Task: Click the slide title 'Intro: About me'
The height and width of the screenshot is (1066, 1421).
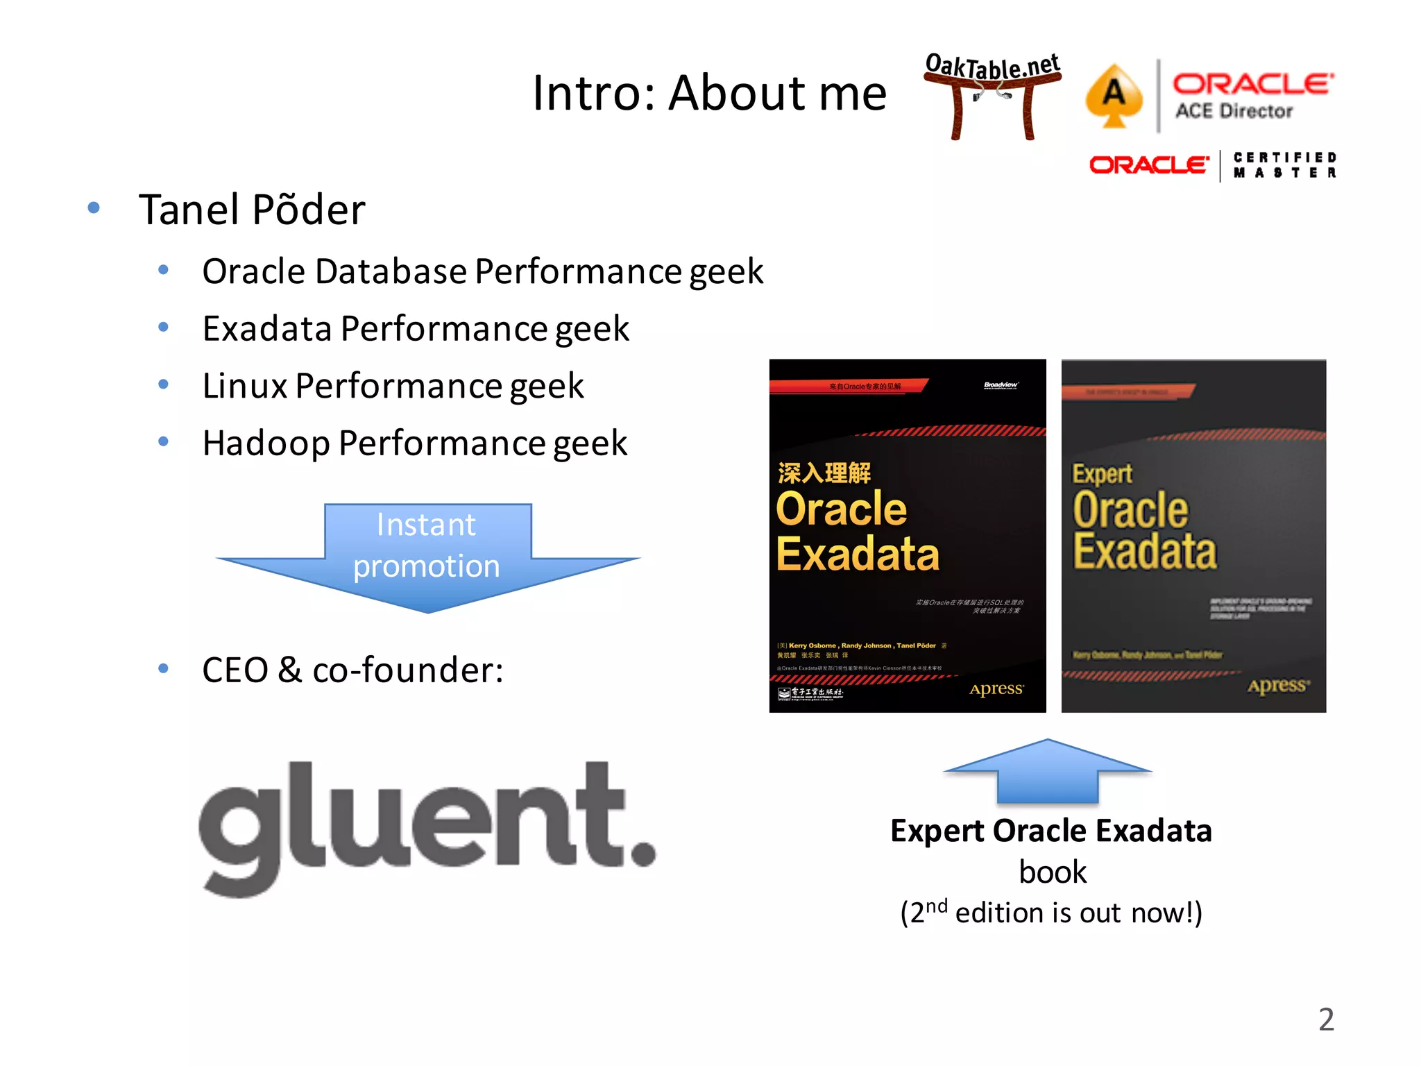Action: [x=709, y=94]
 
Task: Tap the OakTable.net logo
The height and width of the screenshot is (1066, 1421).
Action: [x=992, y=94]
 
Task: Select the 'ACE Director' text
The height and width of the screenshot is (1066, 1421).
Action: [x=1234, y=112]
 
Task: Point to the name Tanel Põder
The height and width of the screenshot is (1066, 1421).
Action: [x=252, y=210]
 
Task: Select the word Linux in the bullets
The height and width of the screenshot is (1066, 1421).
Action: [x=244, y=386]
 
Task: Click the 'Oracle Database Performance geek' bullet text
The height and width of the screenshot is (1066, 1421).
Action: [x=482, y=271]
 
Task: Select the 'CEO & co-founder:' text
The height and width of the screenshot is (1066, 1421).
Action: [x=352, y=670]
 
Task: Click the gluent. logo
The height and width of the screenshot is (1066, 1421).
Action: [x=426, y=826]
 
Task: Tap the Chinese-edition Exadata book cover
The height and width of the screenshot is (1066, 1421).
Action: [x=907, y=535]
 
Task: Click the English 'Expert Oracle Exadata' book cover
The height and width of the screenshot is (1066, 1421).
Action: [x=1193, y=535]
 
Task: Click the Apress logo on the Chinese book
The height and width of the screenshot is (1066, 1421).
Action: [x=996, y=689]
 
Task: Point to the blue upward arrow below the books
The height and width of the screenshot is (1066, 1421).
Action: [x=1048, y=770]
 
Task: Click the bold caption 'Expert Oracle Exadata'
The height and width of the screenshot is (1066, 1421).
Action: [x=1050, y=831]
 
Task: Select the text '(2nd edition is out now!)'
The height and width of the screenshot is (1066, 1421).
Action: [x=1050, y=913]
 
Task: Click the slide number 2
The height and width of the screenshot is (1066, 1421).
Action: [x=1326, y=1020]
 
